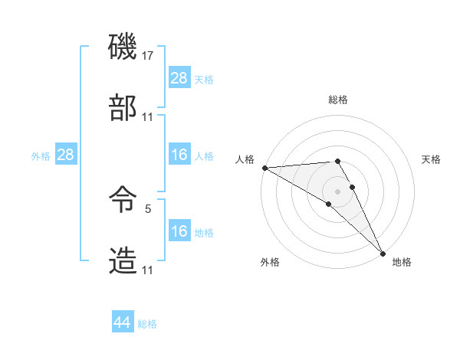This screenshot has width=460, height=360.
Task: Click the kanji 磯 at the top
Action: (x=123, y=47)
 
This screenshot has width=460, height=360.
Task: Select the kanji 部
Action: (x=123, y=109)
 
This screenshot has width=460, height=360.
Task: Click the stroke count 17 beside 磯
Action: (x=148, y=56)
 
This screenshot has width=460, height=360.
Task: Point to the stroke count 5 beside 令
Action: (x=148, y=208)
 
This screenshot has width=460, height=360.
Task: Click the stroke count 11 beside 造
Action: (x=148, y=270)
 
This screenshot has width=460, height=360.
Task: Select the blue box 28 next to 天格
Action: (x=179, y=77)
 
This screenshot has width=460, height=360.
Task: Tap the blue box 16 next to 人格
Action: (x=179, y=155)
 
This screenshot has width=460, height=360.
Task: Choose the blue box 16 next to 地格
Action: (x=179, y=231)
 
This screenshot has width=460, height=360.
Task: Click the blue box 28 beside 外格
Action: (x=66, y=155)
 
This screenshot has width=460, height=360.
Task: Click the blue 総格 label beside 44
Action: (x=147, y=324)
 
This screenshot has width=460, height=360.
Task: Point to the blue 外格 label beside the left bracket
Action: (x=41, y=155)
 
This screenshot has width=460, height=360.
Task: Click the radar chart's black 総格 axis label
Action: (x=338, y=100)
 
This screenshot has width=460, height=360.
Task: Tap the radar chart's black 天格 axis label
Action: (x=431, y=159)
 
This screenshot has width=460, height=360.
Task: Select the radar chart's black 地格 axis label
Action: (x=402, y=262)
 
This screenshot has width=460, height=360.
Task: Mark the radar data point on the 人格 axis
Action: (x=264, y=168)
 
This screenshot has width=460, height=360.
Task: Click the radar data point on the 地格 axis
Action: (x=383, y=253)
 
